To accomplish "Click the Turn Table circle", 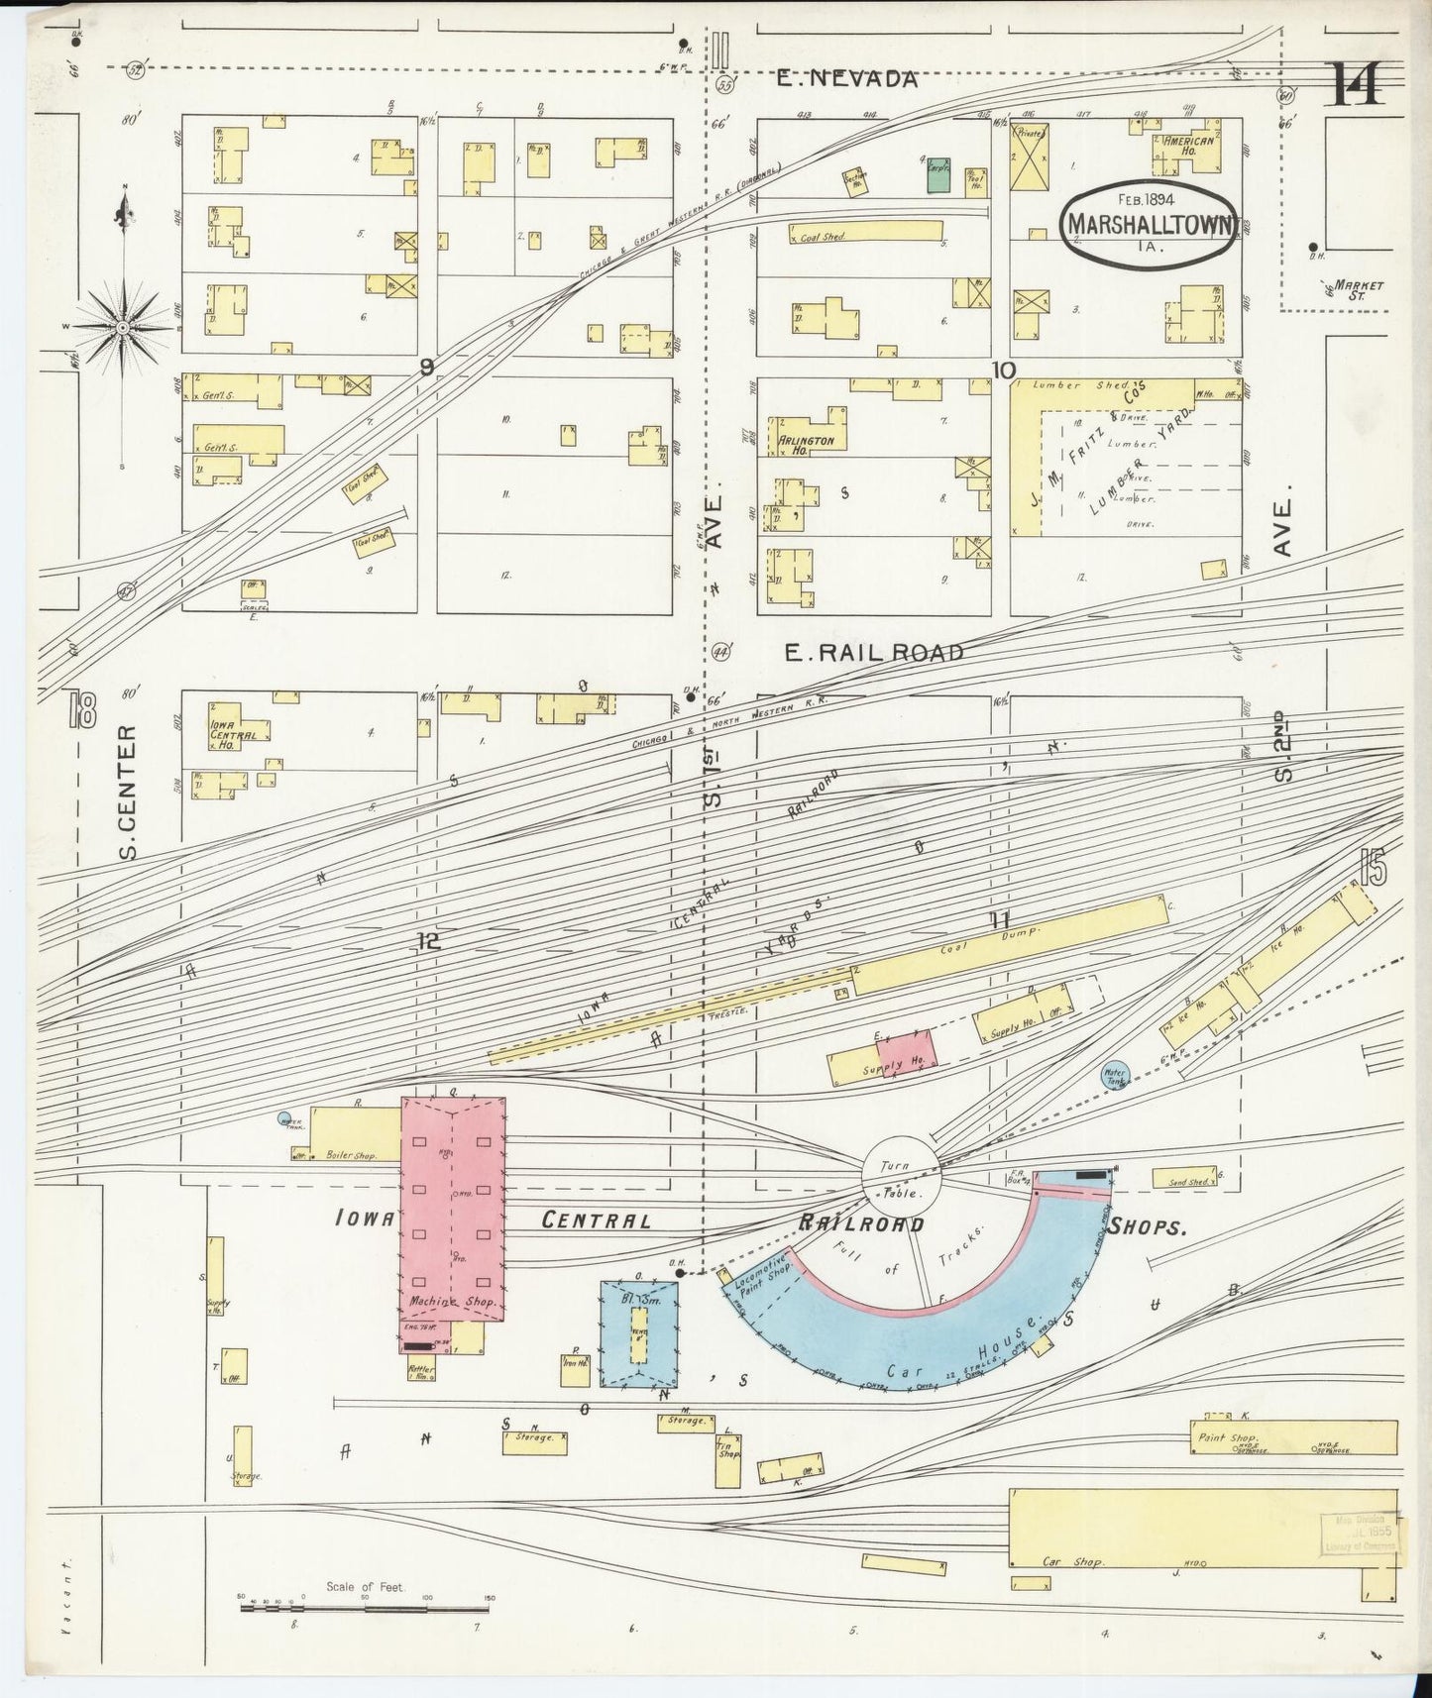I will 900,1173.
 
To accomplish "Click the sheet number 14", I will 1356,84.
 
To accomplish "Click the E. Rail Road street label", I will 873,652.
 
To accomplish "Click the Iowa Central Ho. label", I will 234,728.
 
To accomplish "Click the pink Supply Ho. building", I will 904,1054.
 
